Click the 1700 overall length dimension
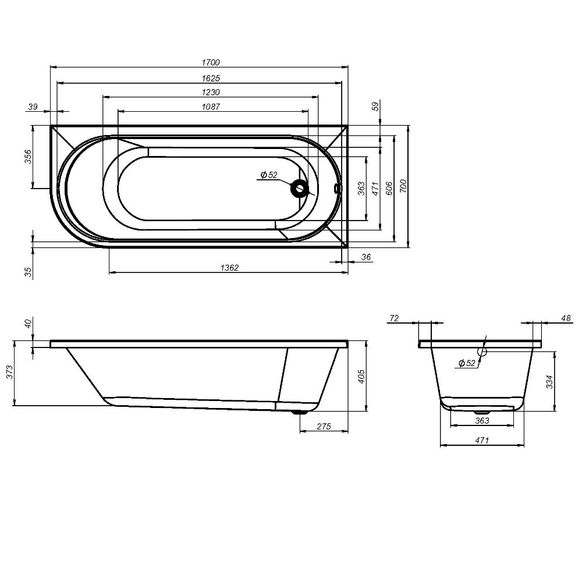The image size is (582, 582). (211, 62)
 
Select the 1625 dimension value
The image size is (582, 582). (211, 77)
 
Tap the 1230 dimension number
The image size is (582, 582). (211, 92)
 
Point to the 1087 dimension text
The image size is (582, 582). (211, 107)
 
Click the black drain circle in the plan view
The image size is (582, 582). (300, 188)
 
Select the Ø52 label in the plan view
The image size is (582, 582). (269, 175)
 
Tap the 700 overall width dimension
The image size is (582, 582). (404, 186)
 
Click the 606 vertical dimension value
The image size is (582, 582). (389, 187)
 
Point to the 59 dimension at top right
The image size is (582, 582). (375, 106)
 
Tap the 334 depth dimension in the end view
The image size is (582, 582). (549, 381)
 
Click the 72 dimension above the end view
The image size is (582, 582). (394, 318)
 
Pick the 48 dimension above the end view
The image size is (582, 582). (566, 318)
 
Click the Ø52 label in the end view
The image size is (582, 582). (467, 363)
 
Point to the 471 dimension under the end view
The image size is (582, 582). (481, 441)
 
